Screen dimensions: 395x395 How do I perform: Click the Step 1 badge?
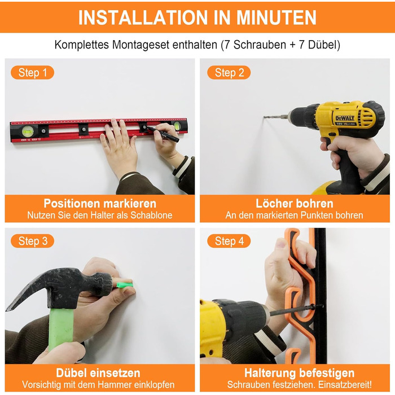point(33,73)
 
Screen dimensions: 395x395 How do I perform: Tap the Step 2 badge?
point(229,73)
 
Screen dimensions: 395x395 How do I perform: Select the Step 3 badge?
point(33,241)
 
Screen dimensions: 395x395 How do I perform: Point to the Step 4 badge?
point(229,241)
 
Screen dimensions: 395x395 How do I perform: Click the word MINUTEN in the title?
point(276,17)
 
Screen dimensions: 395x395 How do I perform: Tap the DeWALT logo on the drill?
point(345,118)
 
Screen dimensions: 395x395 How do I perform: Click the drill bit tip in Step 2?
point(264,117)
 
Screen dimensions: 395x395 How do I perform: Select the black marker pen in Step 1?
point(163,134)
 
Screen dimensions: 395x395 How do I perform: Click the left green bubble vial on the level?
point(28,131)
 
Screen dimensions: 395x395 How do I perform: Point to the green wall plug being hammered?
point(125,285)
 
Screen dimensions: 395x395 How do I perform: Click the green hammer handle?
point(61,329)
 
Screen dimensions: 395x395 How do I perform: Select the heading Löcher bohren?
point(295,203)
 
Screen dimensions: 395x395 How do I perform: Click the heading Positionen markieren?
point(100,203)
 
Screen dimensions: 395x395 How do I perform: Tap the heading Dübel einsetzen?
point(98,373)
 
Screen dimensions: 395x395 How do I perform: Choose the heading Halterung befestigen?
point(299,373)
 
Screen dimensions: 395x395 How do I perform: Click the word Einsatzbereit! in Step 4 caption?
point(345,385)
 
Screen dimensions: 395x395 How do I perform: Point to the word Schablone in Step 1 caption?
point(151,215)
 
